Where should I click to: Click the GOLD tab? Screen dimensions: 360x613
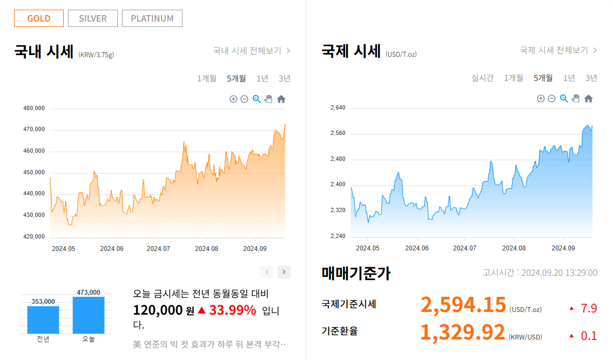click(39, 18)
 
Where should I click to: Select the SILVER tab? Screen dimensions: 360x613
click(93, 18)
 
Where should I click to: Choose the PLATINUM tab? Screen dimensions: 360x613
click(152, 18)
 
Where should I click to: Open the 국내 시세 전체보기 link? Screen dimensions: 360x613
click(252, 51)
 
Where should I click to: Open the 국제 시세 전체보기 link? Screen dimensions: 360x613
click(558, 50)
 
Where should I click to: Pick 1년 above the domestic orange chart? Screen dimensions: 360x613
click(262, 78)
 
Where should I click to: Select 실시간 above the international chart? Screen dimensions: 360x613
click(482, 78)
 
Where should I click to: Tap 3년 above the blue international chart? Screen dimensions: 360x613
click(591, 78)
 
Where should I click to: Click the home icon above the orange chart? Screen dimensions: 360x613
click(281, 99)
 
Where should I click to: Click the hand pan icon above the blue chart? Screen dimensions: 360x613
click(576, 98)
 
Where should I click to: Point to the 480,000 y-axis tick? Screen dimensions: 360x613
click(34, 108)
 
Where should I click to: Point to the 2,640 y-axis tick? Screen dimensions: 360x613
click(338, 108)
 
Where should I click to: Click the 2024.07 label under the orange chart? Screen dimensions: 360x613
click(158, 249)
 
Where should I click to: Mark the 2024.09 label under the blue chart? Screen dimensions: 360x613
click(563, 248)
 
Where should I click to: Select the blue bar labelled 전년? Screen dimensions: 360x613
click(43, 320)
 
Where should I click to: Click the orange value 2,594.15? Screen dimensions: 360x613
click(463, 305)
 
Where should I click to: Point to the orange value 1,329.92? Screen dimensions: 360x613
click(462, 332)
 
